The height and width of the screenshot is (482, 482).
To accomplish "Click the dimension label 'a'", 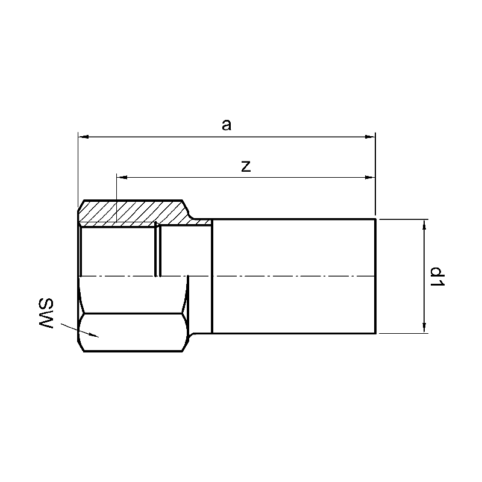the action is pos(227,125).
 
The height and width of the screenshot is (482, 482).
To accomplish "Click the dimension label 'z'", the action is pos(246,166).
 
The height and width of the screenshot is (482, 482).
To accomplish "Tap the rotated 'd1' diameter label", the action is pos(437,277).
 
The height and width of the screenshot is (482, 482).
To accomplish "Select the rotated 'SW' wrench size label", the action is pos(46,313).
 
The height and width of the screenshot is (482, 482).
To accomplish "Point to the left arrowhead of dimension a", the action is pos(84,137).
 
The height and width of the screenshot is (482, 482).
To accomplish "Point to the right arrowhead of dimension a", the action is pos(370,137).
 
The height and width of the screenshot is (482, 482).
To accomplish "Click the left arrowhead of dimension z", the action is pos(122,177).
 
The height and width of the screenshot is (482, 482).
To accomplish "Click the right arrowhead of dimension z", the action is pos(370,177).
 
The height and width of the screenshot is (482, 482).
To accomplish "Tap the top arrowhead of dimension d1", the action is pos(424,225).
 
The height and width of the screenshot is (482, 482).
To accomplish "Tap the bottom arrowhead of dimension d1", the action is pos(424,327).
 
